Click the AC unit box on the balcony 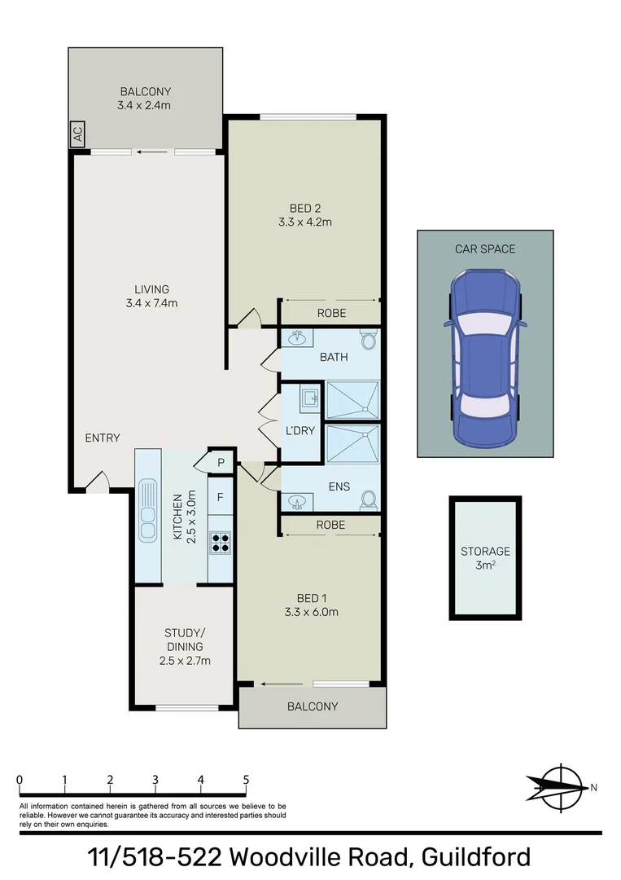(x=78, y=134)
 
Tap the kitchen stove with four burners (x=221, y=542)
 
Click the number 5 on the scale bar (x=246, y=780)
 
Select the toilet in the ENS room (x=369, y=499)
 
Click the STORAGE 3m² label (x=485, y=558)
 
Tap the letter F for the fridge (x=221, y=495)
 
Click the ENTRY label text (x=103, y=438)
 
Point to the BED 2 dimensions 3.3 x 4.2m (x=305, y=221)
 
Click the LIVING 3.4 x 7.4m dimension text (x=151, y=303)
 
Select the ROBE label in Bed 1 (x=330, y=526)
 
